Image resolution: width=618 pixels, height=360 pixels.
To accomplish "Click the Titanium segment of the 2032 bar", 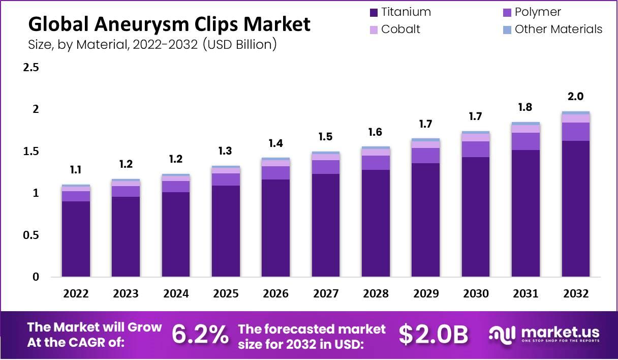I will click(576, 208).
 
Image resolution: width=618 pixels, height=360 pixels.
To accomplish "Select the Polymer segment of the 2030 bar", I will click(476, 149).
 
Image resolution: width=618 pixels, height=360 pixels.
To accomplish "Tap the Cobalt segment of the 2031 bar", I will click(526, 129).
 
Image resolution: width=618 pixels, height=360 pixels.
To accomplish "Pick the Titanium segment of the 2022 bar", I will click(76, 239).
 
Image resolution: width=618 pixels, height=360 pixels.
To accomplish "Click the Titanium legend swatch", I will click(374, 12).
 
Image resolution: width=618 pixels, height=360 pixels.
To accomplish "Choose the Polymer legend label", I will click(538, 12).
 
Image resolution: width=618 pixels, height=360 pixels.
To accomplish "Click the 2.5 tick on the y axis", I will click(32, 68).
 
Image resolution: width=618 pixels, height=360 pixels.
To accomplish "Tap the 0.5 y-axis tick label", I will click(32, 235).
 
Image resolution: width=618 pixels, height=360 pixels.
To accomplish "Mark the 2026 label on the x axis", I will click(276, 294).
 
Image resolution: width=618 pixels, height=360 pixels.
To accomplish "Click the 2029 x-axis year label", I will click(426, 294).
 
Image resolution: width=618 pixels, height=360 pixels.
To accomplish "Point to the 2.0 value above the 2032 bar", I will click(576, 97).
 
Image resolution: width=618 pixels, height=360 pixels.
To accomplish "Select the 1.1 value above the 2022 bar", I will click(76, 170).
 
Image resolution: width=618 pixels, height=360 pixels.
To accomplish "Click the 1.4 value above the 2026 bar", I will click(276, 143).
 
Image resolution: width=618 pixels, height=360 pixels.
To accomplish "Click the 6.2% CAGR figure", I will click(200, 335).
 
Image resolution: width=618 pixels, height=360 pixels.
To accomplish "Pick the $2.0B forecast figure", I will click(434, 335).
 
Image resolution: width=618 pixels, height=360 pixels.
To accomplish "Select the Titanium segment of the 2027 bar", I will click(326, 225).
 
